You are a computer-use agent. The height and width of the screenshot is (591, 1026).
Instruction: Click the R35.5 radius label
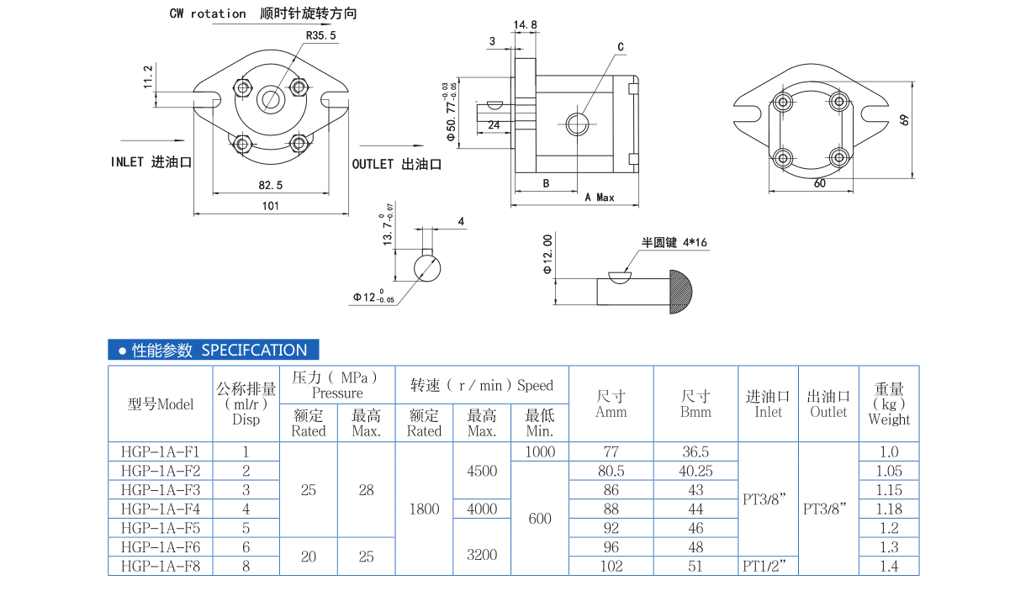[320, 35]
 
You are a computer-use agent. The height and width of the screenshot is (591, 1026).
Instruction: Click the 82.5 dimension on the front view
[270, 184]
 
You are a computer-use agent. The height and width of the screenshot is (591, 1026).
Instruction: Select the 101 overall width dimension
[270, 206]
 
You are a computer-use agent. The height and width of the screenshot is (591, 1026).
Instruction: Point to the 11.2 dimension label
[148, 77]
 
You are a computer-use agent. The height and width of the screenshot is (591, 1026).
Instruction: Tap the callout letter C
[621, 47]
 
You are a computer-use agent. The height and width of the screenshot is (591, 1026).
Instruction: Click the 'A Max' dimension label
[600, 198]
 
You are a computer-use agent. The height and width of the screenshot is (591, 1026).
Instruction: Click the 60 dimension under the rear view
[819, 183]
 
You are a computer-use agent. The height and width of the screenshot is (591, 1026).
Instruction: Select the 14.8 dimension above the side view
[525, 25]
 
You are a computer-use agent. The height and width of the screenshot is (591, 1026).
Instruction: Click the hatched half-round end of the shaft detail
[681, 291]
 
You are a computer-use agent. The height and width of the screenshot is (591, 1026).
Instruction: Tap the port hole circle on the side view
[577, 124]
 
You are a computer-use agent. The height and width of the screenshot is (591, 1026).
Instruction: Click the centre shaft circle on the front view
[271, 99]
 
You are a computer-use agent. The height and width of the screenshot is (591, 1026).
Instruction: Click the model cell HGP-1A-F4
[160, 509]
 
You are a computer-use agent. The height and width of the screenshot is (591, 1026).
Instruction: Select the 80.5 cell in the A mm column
[611, 471]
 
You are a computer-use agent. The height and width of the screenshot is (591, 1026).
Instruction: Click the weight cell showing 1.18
[888, 509]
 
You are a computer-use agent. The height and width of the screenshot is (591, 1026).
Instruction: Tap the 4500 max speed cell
[482, 471]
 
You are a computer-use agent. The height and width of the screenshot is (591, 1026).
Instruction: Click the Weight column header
[889, 404]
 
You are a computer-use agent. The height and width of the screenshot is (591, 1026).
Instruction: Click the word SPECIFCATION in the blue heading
[254, 350]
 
